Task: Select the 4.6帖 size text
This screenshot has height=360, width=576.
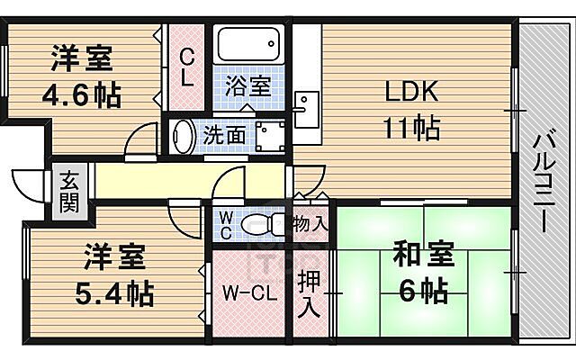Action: tap(81, 94)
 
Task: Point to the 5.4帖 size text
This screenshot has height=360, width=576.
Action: tap(112, 292)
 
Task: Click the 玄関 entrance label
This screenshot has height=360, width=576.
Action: tap(69, 190)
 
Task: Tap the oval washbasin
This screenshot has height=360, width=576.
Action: tap(184, 137)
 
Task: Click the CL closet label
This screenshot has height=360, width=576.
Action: tap(186, 67)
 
